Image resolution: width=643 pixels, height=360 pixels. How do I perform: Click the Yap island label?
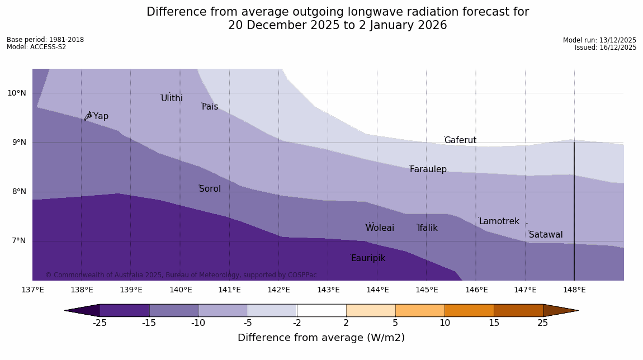click(x=101, y=116)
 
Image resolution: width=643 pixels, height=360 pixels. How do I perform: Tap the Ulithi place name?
click(x=172, y=98)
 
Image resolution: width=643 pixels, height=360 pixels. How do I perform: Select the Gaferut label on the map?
click(x=460, y=140)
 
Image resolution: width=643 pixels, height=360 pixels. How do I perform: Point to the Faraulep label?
click(x=428, y=169)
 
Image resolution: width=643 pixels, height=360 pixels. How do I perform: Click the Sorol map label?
click(x=210, y=189)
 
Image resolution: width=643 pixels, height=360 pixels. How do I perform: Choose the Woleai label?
click(x=380, y=228)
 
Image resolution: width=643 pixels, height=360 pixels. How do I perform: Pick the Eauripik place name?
click(x=368, y=258)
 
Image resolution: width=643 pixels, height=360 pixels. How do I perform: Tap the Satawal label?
click(x=546, y=235)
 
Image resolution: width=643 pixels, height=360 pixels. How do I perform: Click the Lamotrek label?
click(x=499, y=221)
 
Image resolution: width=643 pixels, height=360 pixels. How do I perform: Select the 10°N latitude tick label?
click(x=17, y=93)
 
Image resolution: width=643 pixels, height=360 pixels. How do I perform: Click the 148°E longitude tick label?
click(x=574, y=290)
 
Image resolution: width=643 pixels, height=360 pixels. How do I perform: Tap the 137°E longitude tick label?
click(x=32, y=290)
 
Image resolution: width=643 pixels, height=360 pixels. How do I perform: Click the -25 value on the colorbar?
click(x=100, y=323)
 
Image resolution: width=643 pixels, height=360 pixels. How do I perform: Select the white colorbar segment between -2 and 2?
click(x=321, y=310)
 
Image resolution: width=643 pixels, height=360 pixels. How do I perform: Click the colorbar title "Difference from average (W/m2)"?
click(x=321, y=338)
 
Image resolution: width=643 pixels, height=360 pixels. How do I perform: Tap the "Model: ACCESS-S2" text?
click(x=36, y=47)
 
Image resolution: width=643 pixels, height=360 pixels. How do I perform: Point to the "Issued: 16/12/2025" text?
click(x=606, y=48)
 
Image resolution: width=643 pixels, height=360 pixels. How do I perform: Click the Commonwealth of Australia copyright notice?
click(x=181, y=275)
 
